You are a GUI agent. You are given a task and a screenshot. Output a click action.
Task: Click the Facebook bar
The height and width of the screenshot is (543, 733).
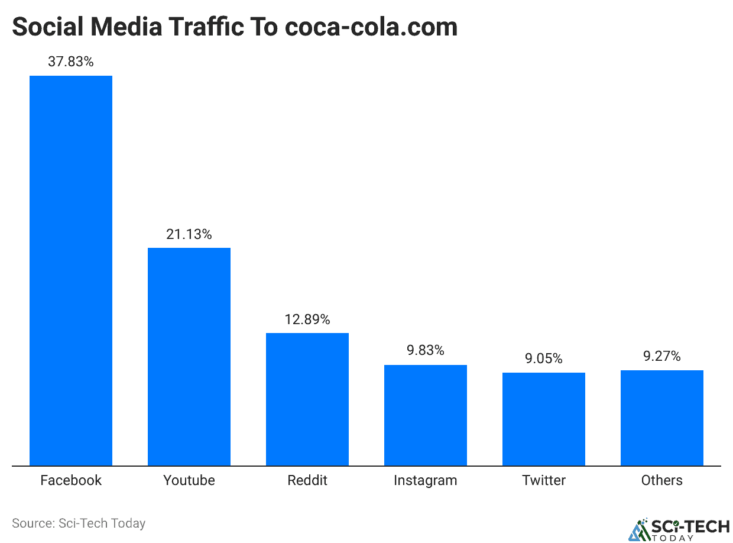click(71, 270)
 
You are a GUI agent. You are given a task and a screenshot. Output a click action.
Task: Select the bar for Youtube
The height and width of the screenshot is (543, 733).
click(189, 356)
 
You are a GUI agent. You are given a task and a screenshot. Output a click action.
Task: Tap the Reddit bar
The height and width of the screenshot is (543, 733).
click(307, 399)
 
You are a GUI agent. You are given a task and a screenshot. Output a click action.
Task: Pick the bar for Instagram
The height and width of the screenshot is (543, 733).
click(426, 415)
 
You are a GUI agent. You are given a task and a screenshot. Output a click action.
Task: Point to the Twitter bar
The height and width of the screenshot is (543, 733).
click(544, 419)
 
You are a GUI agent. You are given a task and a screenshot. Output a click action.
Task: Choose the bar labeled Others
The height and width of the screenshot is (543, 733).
click(662, 418)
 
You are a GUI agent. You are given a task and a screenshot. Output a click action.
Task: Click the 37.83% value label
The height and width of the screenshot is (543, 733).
click(71, 62)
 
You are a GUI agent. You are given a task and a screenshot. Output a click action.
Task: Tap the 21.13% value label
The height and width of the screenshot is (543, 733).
click(189, 234)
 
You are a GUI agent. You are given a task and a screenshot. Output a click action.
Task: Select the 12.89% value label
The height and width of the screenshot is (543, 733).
click(307, 319)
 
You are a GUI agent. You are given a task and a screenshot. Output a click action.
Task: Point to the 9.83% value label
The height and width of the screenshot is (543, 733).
click(426, 351)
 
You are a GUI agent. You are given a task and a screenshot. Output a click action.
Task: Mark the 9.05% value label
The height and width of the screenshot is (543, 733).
click(544, 358)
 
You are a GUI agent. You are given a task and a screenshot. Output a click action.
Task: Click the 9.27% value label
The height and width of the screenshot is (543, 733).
click(662, 356)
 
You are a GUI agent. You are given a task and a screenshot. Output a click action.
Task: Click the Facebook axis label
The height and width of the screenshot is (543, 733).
click(71, 480)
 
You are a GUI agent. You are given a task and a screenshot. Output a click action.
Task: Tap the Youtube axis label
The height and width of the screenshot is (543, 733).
click(189, 480)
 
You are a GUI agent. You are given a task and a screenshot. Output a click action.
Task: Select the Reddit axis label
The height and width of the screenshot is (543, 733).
click(307, 480)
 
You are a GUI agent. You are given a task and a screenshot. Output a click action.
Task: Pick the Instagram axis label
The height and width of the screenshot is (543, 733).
click(426, 481)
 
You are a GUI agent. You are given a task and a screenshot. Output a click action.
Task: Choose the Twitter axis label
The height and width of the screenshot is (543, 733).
click(544, 480)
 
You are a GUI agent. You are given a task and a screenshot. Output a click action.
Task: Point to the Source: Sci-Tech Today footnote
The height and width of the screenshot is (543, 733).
click(79, 523)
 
